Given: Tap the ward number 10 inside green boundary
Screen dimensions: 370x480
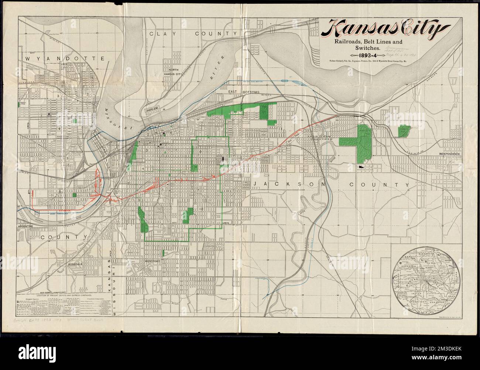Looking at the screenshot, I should pos(200,209).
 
